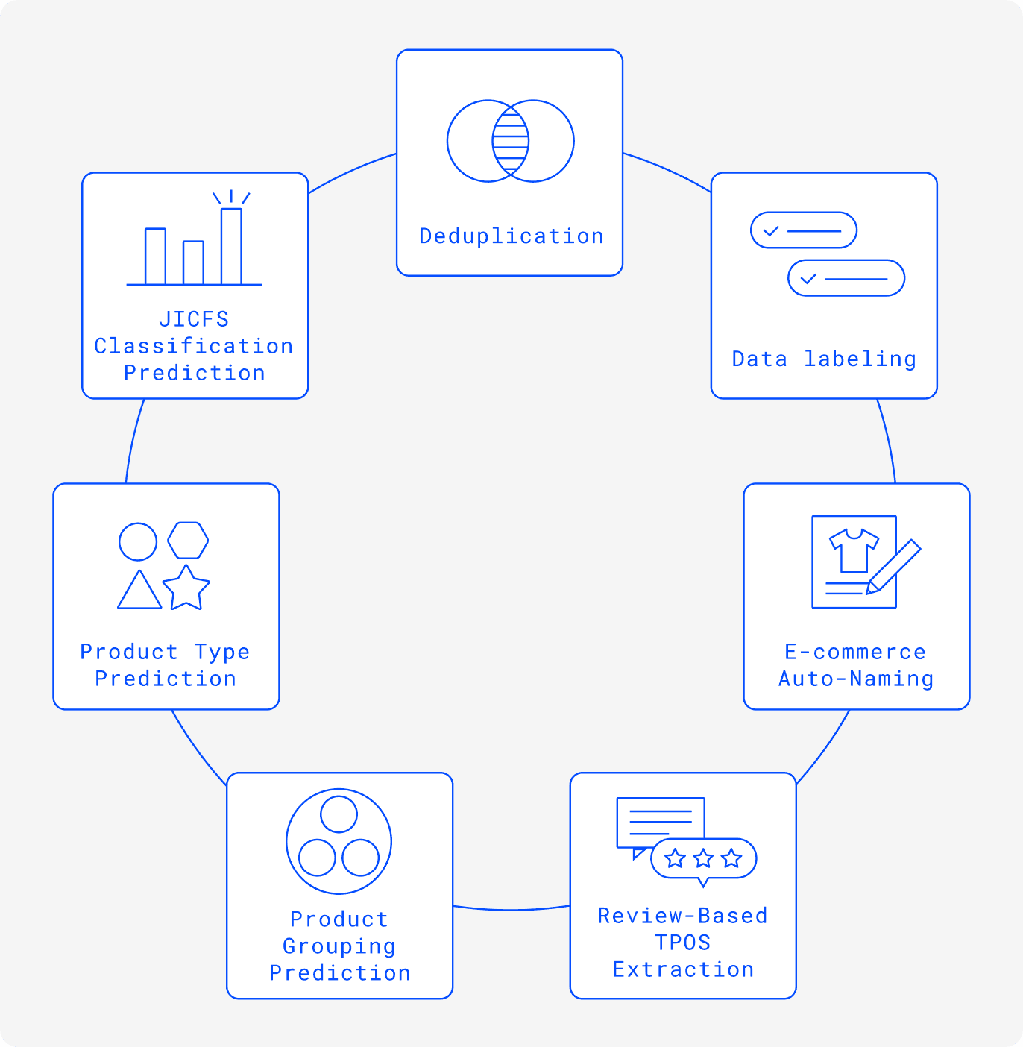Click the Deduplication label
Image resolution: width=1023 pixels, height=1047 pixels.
(x=511, y=236)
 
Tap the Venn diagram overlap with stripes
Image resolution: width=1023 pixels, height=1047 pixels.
(x=511, y=141)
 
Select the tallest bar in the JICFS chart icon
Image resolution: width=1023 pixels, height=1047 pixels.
(x=231, y=246)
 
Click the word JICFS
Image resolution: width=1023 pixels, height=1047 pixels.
(x=194, y=319)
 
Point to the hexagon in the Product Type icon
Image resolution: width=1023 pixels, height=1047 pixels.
(x=188, y=541)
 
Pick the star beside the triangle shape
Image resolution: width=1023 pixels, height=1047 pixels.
(x=186, y=588)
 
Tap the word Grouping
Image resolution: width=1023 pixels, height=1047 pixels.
(x=339, y=946)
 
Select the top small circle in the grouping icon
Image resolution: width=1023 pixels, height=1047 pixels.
(x=339, y=814)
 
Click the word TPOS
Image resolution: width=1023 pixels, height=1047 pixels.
(x=683, y=943)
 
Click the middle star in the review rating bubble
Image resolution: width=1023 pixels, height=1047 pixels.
(x=703, y=859)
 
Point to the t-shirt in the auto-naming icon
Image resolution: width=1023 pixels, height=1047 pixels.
(x=854, y=550)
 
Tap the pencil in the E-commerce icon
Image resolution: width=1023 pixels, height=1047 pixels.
(x=893, y=567)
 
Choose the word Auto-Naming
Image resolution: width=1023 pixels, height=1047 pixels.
(x=856, y=679)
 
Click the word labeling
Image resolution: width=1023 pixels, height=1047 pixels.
(x=860, y=359)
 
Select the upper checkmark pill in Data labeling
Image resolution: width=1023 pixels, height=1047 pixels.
(x=803, y=230)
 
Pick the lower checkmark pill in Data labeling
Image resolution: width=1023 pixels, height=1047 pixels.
(x=846, y=278)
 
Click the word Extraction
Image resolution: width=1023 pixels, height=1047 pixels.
(x=683, y=969)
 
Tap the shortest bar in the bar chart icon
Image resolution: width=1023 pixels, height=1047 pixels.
(x=193, y=262)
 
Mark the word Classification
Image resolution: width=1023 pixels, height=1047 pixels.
(x=194, y=346)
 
